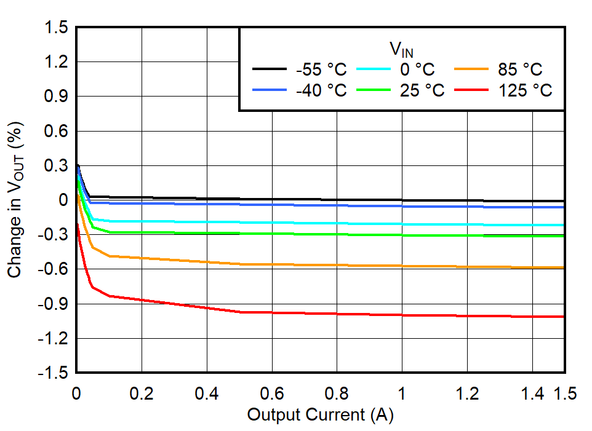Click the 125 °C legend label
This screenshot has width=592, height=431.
coord(525,90)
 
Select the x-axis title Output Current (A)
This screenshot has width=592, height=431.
coord(320,415)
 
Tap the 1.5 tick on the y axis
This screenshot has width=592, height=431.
coord(55,28)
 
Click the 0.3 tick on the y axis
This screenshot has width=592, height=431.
coord(55,166)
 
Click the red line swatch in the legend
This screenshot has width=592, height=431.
coord(471,90)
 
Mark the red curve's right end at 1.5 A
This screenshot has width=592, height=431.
coord(564,317)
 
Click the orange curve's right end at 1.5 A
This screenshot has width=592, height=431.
coord(564,267)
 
